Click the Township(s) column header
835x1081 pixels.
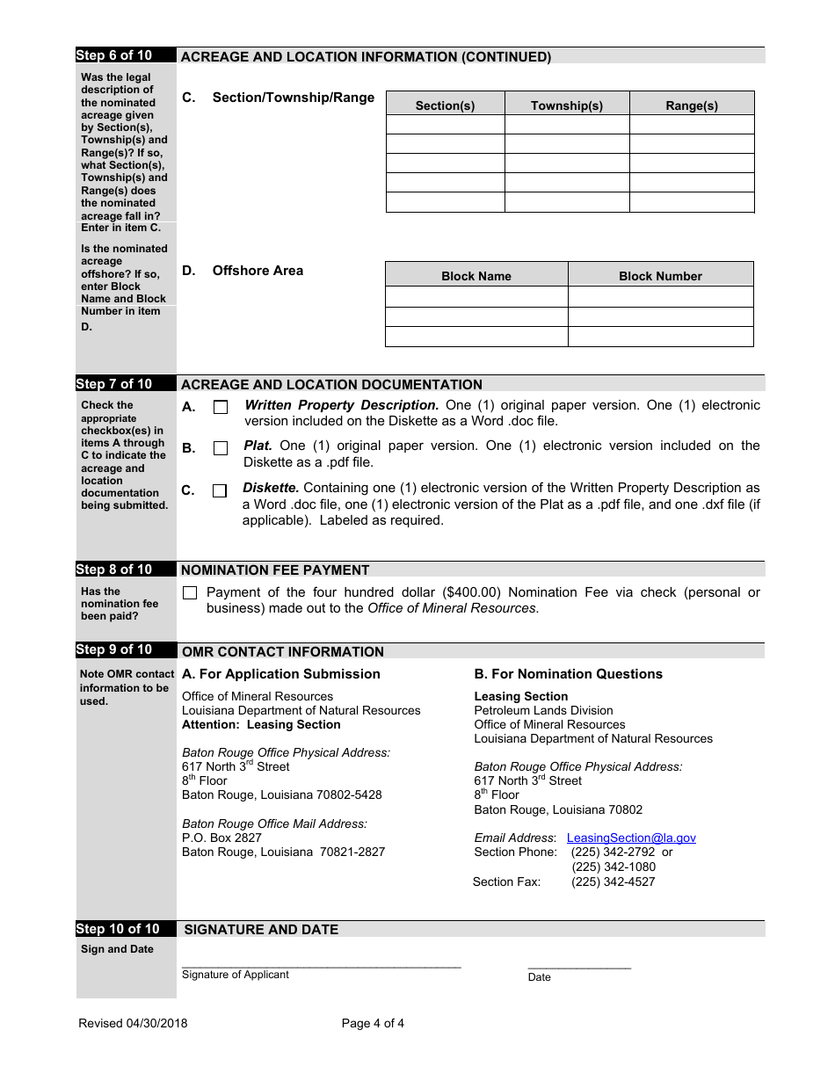tap(567, 105)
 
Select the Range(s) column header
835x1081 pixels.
tap(692, 105)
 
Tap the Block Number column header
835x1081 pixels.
tap(660, 276)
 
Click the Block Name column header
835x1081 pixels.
tap(476, 276)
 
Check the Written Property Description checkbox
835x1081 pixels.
tap(221, 407)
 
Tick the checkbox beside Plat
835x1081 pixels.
tap(221, 448)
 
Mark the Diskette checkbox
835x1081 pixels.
tap(220, 490)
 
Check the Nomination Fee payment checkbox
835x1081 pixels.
tap(190, 593)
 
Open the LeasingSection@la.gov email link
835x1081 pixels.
tap(631, 838)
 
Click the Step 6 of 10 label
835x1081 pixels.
tap(114, 55)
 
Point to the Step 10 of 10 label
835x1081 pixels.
tap(118, 929)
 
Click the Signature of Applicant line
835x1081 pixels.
tap(321, 965)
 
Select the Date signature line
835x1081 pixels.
tap(579, 967)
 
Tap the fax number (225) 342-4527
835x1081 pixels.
tap(613, 881)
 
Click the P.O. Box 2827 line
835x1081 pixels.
tap(221, 838)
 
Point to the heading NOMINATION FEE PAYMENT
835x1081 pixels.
tap(275, 570)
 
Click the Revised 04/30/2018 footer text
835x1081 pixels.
tap(133, 1023)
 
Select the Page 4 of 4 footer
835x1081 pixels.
tap(373, 1023)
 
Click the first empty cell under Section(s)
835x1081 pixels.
tap(445, 125)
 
